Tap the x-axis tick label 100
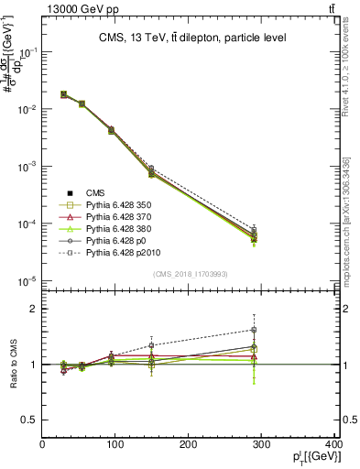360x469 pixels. click(115, 446)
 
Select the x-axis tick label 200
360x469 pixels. click(189, 446)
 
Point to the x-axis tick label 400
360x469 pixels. click(331, 446)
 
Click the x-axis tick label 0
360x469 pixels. click(42, 446)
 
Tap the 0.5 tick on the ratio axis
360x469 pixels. click(29, 420)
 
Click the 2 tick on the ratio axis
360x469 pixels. click(34, 309)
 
